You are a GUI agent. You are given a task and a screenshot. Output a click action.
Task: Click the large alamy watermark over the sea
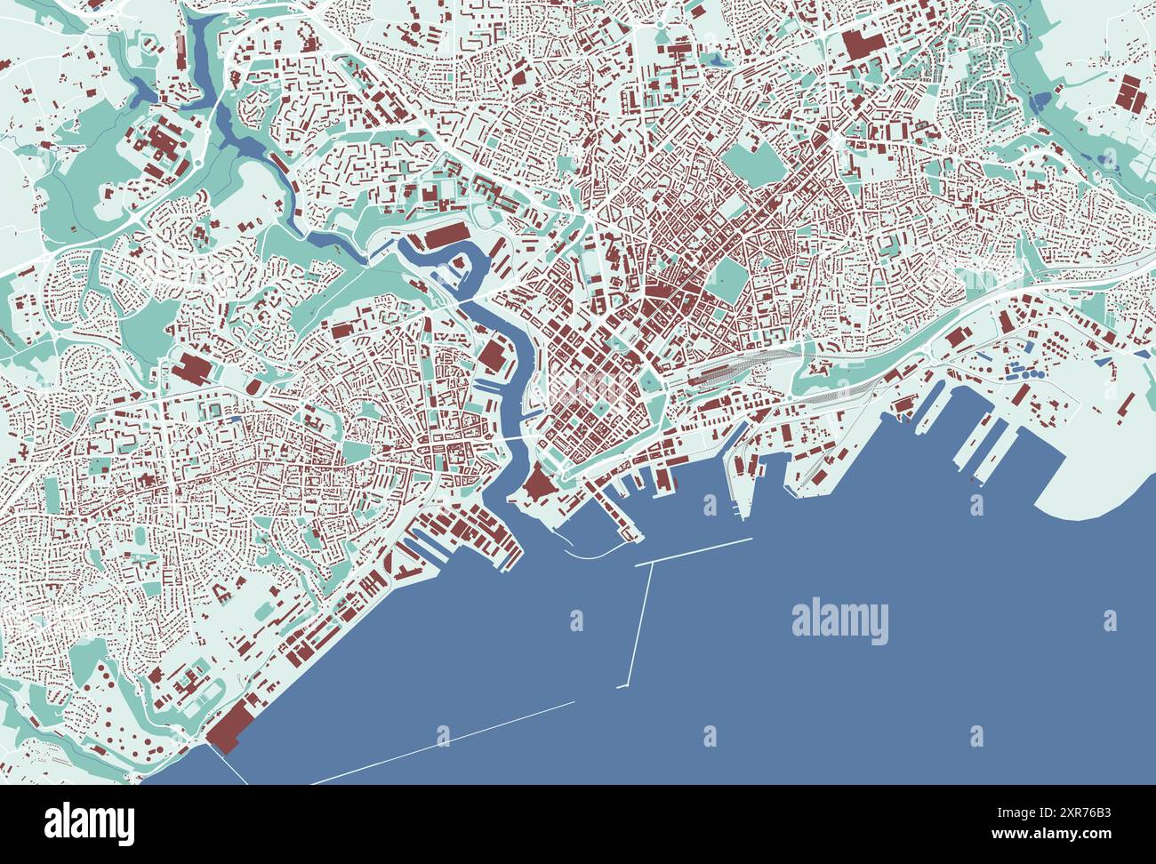[x=839, y=621]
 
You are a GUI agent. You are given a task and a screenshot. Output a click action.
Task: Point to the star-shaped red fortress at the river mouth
[x=538, y=486]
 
